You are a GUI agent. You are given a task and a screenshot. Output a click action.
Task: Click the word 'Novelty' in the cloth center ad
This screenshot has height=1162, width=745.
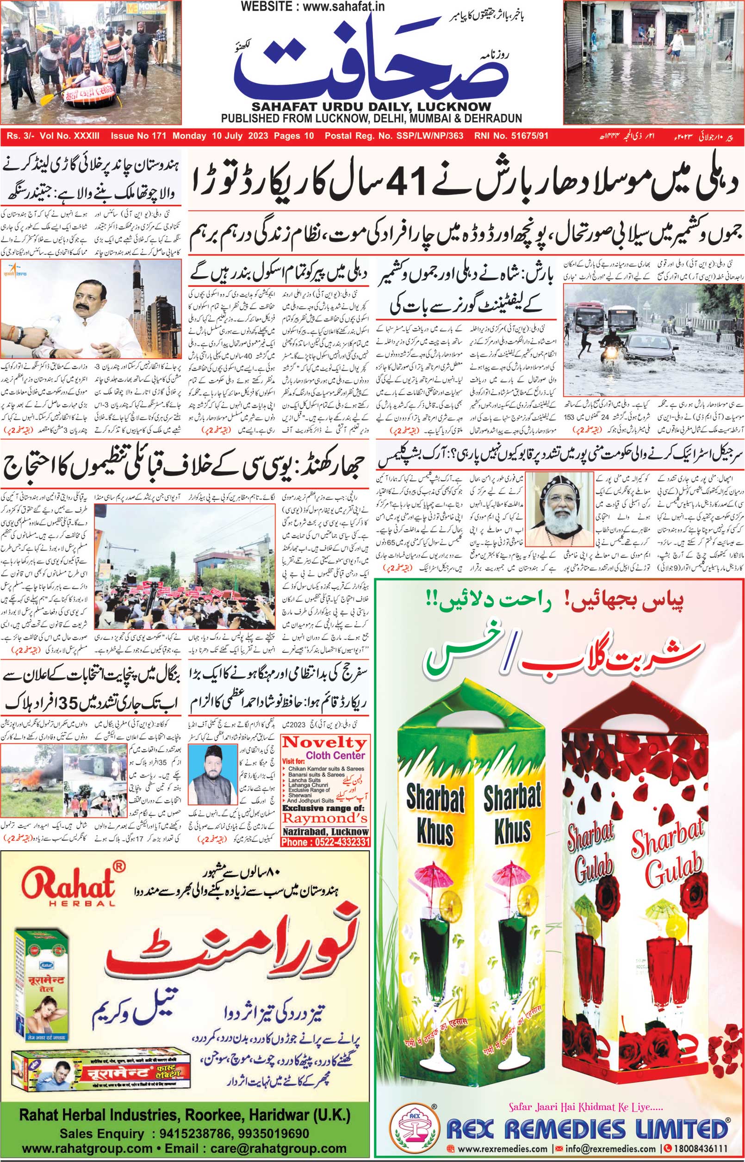tap(324, 742)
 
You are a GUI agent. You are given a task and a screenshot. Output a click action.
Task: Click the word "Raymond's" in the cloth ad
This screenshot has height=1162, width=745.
tap(325, 819)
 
